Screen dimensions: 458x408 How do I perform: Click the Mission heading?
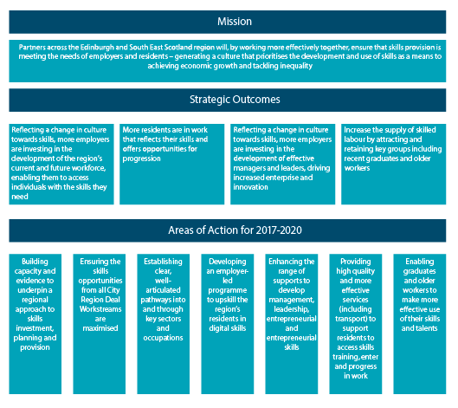pyautogui.click(x=235, y=22)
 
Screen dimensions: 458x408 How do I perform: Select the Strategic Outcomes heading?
pyautogui.click(x=235, y=100)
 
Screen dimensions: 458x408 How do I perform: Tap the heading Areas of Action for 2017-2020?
pyautogui.click(x=235, y=230)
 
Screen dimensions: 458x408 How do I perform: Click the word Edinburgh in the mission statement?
pyautogui.click(x=97, y=48)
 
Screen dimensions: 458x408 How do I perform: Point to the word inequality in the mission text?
pyautogui.click(x=296, y=66)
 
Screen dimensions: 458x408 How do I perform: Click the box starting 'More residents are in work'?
pyautogui.click(x=171, y=164)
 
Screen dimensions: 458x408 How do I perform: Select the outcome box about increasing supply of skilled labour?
pyautogui.click(x=393, y=164)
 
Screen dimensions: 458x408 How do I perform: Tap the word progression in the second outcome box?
pyautogui.click(x=141, y=159)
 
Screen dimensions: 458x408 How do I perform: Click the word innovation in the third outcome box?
pyautogui.click(x=250, y=187)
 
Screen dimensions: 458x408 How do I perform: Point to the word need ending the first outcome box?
pyautogui.click(x=20, y=197)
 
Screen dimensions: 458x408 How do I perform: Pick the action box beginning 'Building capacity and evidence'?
pyautogui.click(x=35, y=324)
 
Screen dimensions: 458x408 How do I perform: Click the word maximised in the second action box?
pyautogui.click(x=100, y=328)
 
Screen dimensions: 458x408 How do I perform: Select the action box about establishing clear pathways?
pyautogui.click(x=164, y=324)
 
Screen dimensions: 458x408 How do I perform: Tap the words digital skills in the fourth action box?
pyautogui.click(x=228, y=328)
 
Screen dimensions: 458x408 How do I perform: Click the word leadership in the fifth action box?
pyautogui.click(x=291, y=309)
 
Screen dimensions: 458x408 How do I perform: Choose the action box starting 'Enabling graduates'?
pyautogui.click(x=420, y=324)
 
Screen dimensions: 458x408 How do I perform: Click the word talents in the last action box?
pyautogui.click(x=427, y=328)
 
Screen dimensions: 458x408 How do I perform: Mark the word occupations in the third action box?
pyautogui.click(x=163, y=338)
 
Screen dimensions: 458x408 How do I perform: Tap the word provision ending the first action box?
pyautogui.click(x=35, y=347)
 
